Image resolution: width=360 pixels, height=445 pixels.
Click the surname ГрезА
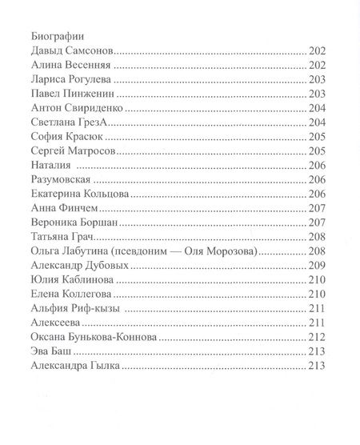[x=107, y=122]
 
